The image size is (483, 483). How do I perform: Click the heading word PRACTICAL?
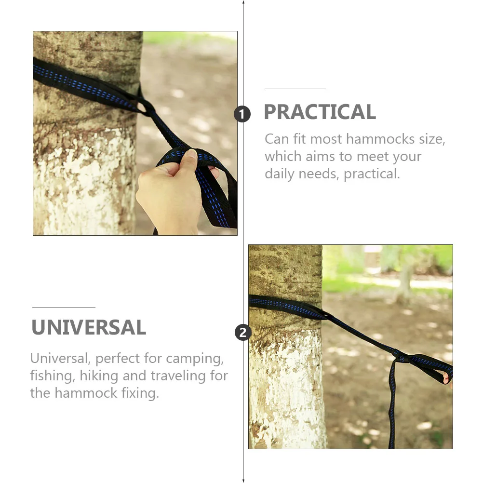(x=320, y=112)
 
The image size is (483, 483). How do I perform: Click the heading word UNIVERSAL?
(x=89, y=328)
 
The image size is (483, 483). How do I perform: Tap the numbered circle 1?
(x=242, y=114)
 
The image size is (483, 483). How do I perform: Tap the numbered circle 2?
(x=242, y=332)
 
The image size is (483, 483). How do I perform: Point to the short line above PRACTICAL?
(x=295, y=89)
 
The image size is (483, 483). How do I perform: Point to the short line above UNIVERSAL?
(x=64, y=308)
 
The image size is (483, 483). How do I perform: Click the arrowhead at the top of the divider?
(x=243, y=3)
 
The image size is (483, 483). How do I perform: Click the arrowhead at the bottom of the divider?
(x=243, y=480)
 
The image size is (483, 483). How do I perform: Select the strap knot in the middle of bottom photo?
(x=401, y=358)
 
